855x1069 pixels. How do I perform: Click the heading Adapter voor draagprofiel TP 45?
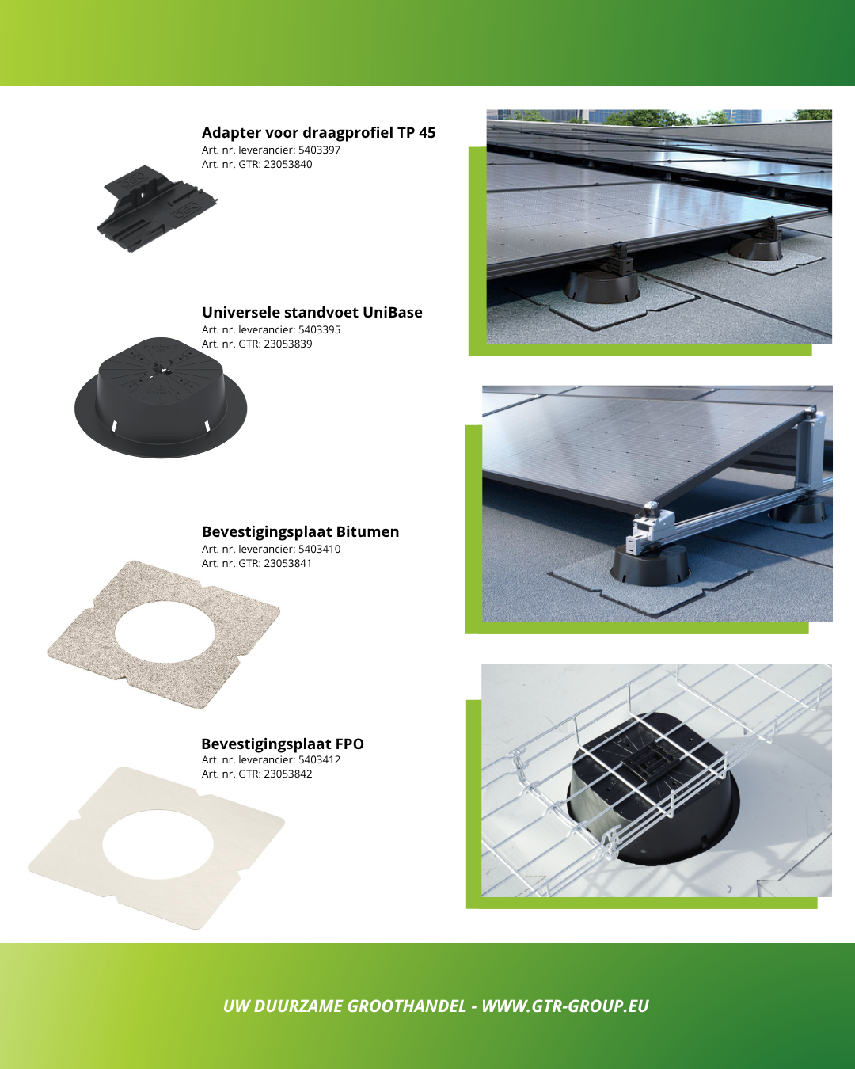coord(318,132)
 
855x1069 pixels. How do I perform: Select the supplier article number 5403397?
coord(320,150)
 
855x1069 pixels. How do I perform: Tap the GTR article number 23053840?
coord(287,165)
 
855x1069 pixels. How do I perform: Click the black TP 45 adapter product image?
coord(157,208)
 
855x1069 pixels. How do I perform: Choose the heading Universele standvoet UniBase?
coord(312,313)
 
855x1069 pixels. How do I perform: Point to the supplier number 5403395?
coord(320,330)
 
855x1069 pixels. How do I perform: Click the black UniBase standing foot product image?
coord(161,398)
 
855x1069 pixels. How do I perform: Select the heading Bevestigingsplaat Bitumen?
coord(301,531)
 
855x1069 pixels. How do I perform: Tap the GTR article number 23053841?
coord(287,563)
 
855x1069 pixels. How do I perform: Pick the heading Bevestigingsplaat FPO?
coord(283,744)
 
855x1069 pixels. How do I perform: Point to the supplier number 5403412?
coord(320,759)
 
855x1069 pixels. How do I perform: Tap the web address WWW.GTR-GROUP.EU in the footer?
coord(565,1006)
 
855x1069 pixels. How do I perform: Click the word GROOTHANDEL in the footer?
coord(407,1006)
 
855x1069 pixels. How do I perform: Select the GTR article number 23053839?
coord(287,344)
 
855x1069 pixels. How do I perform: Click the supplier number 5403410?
coord(320,550)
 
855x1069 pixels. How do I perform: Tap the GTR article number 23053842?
coord(287,774)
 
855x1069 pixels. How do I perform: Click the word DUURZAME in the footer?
coord(298,1006)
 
